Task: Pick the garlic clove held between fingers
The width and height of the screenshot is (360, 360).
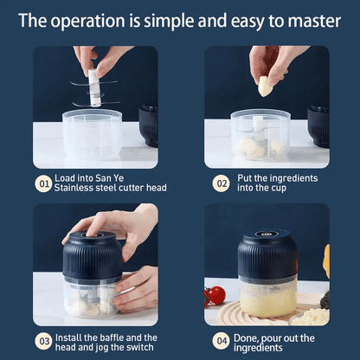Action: (265, 85)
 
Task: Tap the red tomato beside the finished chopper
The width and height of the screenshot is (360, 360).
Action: (217, 295)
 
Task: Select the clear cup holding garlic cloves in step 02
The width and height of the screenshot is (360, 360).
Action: (260, 135)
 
